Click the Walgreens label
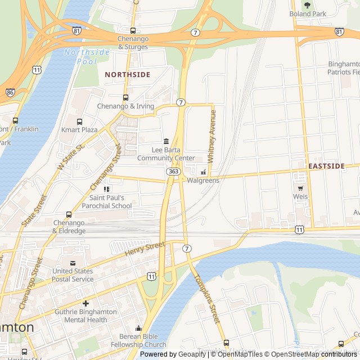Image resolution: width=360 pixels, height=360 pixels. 202,181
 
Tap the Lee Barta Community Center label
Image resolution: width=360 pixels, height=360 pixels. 166,154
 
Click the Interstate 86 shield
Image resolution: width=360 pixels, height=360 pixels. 10,92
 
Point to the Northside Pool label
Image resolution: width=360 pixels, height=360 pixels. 87,56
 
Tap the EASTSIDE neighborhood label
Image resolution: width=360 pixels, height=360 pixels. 326,166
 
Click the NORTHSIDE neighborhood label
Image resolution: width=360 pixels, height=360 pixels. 128,74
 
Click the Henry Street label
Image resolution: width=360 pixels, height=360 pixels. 145,249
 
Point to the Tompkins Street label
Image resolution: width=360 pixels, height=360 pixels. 206,298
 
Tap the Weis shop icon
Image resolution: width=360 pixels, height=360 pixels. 300,188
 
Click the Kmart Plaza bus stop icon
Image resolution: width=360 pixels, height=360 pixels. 79,121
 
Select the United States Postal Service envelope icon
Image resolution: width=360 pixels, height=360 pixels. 73,263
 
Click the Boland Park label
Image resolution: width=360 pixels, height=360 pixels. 308,13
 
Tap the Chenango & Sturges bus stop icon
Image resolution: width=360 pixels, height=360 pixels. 133,30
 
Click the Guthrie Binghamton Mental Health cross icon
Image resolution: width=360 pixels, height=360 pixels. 85,303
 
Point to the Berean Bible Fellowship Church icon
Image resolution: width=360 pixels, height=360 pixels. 138,328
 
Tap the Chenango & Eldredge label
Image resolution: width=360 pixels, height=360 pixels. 69,227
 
